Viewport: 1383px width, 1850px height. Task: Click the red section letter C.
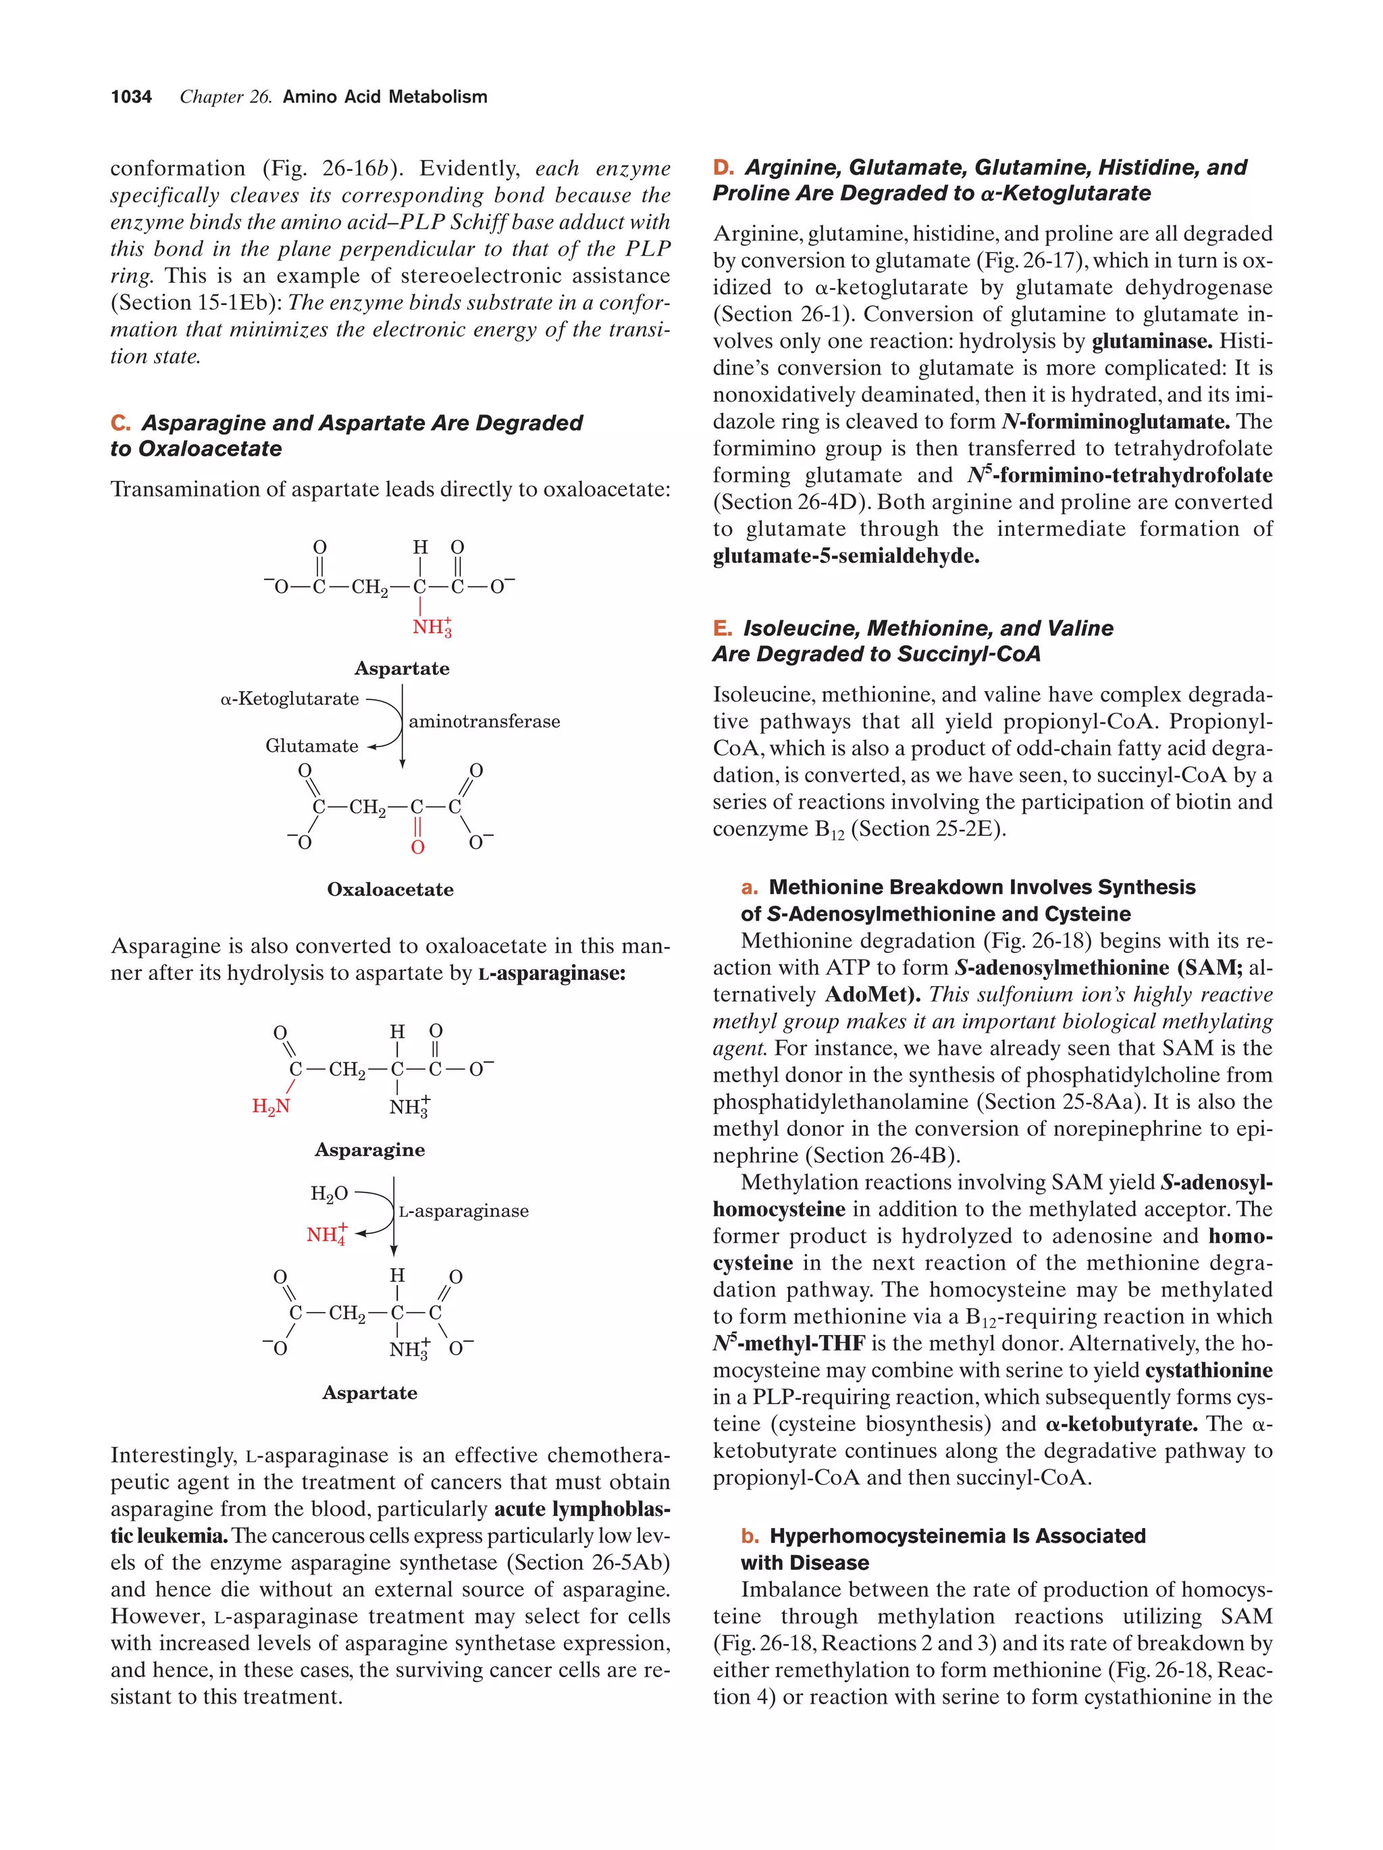pos(120,423)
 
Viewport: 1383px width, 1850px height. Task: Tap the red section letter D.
pos(722,167)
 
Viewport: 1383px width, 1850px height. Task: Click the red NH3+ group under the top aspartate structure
pos(432,626)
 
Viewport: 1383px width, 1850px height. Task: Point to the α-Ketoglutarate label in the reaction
pos(290,699)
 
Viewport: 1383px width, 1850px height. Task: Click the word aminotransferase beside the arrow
pos(484,721)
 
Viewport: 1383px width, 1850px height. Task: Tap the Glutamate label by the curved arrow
pos(311,745)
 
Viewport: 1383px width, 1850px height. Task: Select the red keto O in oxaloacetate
pos(417,847)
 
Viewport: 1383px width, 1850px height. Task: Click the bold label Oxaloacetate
pos(390,889)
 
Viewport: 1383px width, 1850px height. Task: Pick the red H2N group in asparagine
pos(271,1106)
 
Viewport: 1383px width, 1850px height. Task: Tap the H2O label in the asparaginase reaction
pos(329,1193)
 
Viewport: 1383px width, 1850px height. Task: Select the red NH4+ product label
pos(326,1234)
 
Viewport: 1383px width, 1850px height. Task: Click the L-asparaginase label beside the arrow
pos(463,1211)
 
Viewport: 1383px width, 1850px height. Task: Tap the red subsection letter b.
pos(750,1536)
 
